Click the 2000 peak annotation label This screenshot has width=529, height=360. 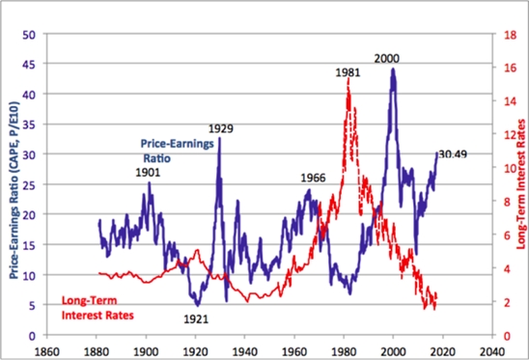[x=387, y=59]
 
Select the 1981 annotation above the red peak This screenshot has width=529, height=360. [x=348, y=72]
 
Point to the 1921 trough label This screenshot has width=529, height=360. [x=197, y=316]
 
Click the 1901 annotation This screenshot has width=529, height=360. [x=147, y=172]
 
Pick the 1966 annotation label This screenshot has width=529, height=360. [x=313, y=178]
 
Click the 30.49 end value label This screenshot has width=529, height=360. [x=453, y=153]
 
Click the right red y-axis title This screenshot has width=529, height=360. [x=519, y=182]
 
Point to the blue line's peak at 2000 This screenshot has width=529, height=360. [x=393, y=69]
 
